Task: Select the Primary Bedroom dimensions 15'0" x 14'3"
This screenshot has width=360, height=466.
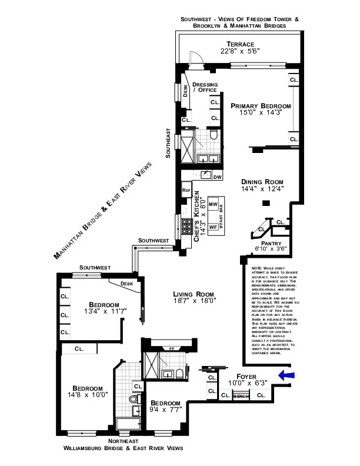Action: (260, 114)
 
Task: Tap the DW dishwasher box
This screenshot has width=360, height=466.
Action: (217, 177)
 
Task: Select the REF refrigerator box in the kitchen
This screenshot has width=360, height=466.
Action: (186, 190)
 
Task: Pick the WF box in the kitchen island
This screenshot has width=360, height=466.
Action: (213, 227)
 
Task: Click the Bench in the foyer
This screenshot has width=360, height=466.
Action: (241, 396)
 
